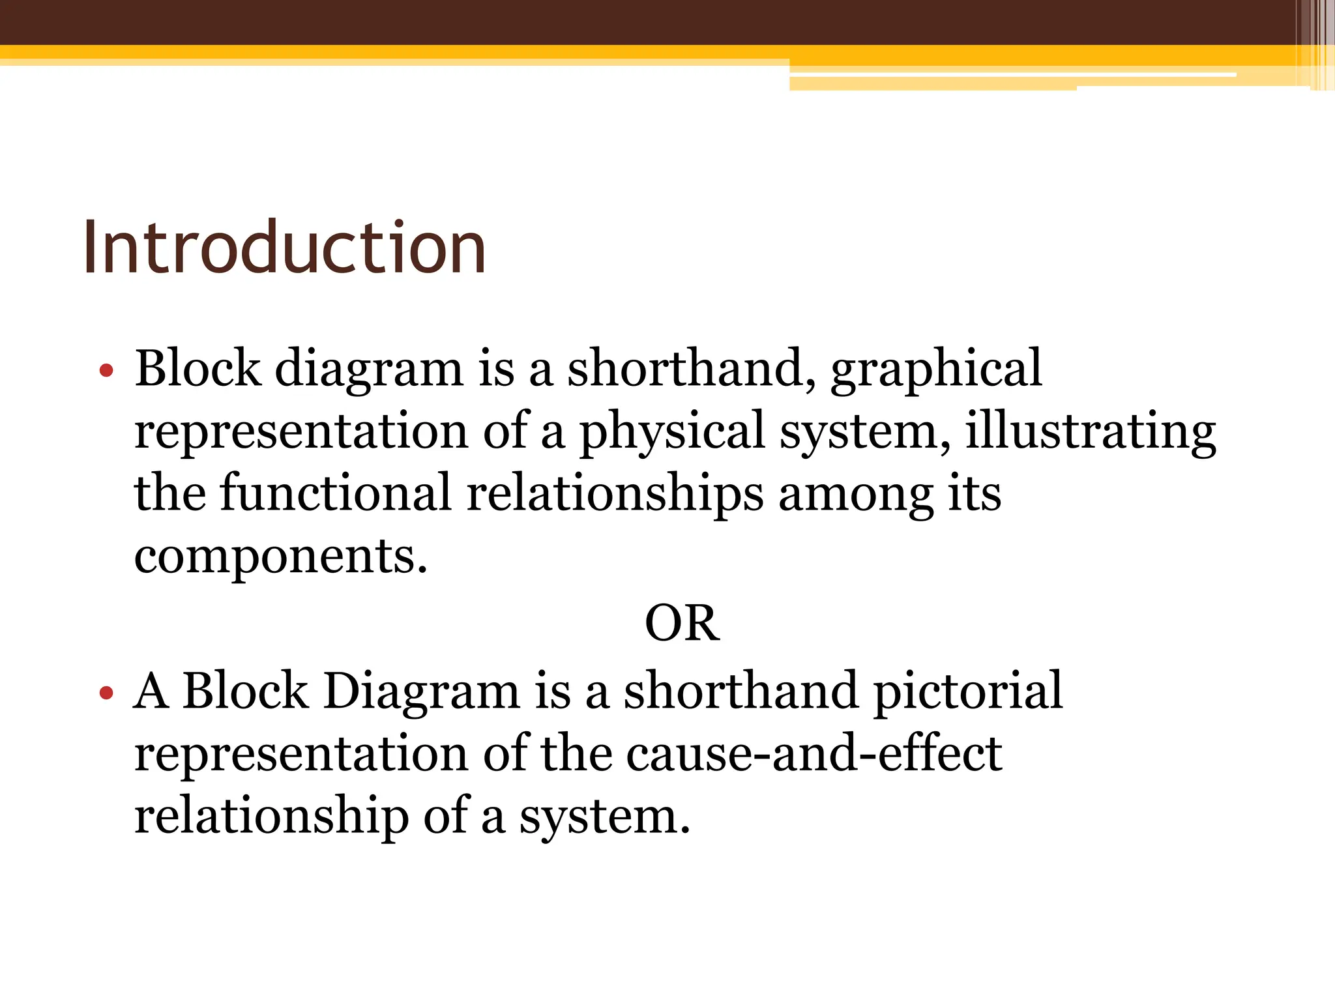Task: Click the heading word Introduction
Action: (x=284, y=248)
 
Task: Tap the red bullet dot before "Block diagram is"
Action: (x=106, y=371)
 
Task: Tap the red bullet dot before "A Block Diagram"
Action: (x=106, y=693)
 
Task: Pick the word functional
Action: (x=336, y=493)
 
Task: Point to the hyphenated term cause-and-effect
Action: (x=814, y=754)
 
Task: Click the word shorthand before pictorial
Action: (x=740, y=691)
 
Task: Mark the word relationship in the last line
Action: (x=271, y=817)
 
